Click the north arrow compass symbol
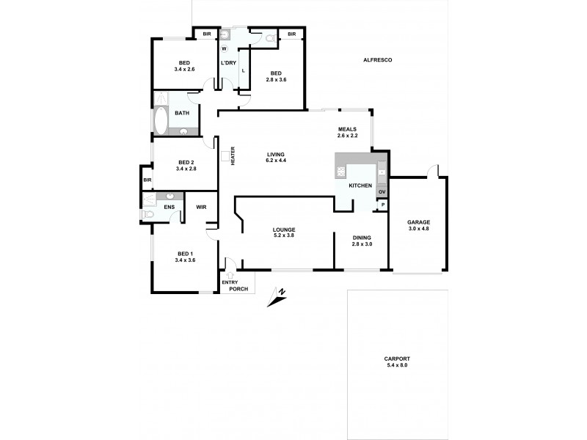277,297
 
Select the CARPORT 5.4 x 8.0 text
398,363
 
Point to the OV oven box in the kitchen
382,193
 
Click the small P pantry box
382,206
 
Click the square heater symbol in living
225,155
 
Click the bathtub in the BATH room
161,121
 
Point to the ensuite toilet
148,215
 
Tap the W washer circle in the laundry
225,48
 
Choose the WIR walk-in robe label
201,207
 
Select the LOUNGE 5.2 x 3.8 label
283,233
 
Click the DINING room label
362,241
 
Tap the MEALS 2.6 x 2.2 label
347,132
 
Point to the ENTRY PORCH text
238,285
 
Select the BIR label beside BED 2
147,180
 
